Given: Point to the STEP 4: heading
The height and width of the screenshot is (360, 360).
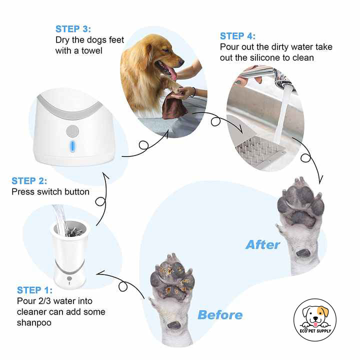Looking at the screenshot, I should point(237,36).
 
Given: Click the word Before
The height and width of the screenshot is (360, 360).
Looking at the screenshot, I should point(220,315).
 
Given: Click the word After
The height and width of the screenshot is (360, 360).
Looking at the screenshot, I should point(263,245).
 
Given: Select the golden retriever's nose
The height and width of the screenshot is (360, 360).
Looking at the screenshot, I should point(181,60).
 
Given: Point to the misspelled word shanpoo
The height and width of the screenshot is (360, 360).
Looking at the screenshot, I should point(33,322).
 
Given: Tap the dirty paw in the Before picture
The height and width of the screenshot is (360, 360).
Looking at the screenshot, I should point(172,282).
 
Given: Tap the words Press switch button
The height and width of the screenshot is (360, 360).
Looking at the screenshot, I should point(50,191).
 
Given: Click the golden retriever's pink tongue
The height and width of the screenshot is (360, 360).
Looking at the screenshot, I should point(172,73).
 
